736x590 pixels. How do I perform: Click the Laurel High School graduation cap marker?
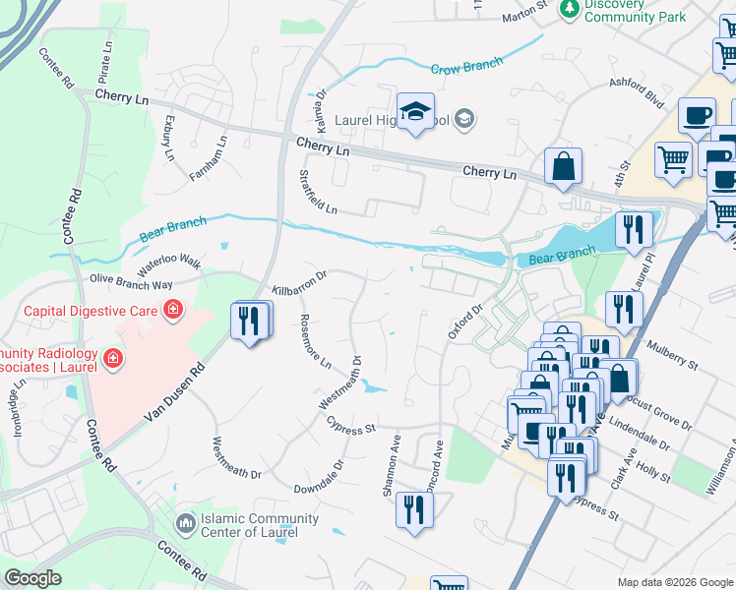[x=416, y=113]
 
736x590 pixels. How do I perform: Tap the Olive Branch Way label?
[x=131, y=280]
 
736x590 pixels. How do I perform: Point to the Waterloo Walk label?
[x=168, y=265]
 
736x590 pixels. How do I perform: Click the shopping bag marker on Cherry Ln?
[x=563, y=167]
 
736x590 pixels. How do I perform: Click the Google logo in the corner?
[x=32, y=578]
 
